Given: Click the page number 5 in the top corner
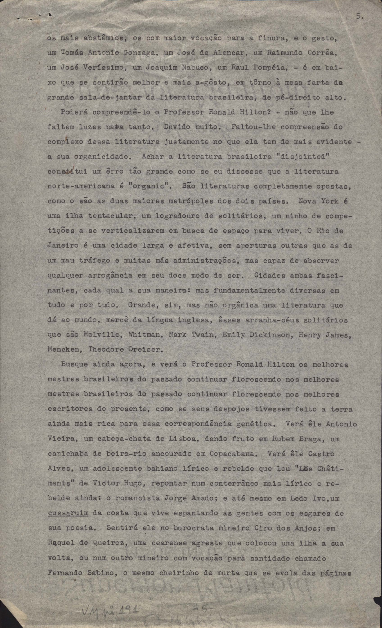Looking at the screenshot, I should click(359, 17).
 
